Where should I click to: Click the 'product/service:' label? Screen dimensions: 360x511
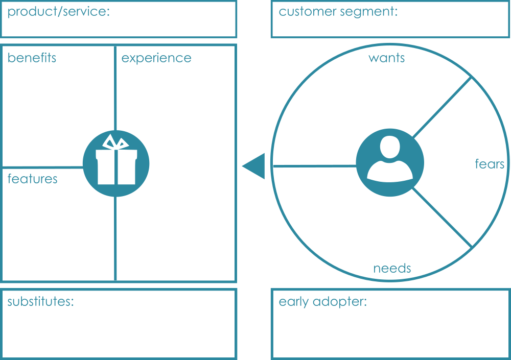click(x=58, y=12)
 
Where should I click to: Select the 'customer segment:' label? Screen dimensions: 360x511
click(x=338, y=12)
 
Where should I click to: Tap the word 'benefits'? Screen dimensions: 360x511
click(x=32, y=58)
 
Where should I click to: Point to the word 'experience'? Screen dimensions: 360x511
click(x=156, y=58)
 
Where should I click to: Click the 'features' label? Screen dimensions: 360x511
click(x=32, y=179)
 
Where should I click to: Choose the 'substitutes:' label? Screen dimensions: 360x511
click(x=41, y=301)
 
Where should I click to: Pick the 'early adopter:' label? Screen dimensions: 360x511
click(x=322, y=302)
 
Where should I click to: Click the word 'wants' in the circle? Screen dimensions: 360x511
click(x=386, y=58)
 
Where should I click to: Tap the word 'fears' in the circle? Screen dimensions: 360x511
click(x=490, y=164)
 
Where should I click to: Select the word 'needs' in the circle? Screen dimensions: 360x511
click(x=392, y=269)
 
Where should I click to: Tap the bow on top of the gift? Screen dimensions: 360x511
click(x=116, y=142)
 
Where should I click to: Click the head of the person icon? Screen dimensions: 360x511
click(x=390, y=148)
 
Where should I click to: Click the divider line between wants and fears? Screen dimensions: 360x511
click(x=442, y=108)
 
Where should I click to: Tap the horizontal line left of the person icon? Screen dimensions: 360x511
click(x=313, y=166)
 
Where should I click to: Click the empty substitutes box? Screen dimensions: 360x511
click(x=119, y=332)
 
